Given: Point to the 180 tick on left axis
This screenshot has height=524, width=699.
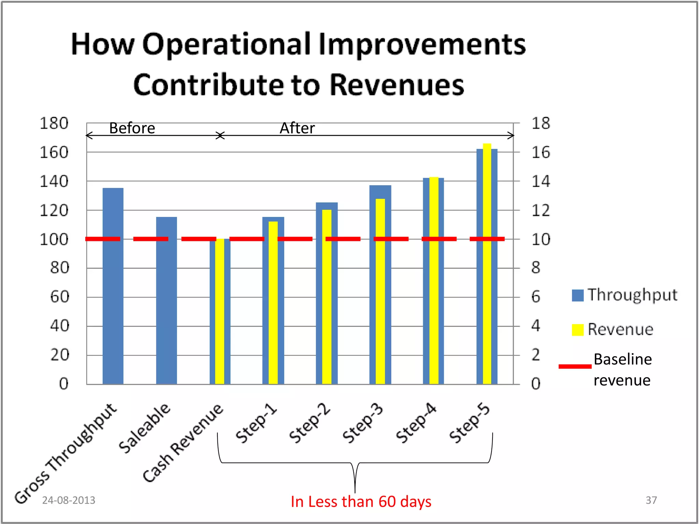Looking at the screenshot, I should point(54,123).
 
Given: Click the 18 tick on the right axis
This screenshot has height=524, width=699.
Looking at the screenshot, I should point(541,123).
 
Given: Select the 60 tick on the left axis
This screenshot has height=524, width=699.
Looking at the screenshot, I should point(59,297).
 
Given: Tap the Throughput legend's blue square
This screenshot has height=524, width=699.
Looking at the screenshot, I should point(577,295).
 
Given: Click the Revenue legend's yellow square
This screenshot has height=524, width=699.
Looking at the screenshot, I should point(577,330).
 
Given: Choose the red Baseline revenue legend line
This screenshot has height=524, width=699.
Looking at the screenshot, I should point(575,366).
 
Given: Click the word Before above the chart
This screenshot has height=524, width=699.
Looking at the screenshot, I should point(132,128).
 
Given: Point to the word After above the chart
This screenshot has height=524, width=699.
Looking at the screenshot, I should point(297,128).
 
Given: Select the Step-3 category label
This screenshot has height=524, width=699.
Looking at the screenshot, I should point(363,423).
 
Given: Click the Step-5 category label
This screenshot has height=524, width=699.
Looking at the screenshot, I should point(470,423).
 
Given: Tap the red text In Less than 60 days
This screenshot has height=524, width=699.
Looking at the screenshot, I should point(361,501).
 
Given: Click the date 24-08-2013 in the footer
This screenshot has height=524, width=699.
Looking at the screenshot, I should point(69,500).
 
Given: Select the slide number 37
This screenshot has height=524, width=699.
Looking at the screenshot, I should point(651,500).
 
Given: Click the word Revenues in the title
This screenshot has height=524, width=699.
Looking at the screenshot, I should point(397,85).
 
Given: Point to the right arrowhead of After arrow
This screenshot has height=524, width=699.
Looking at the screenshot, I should point(512,135).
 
